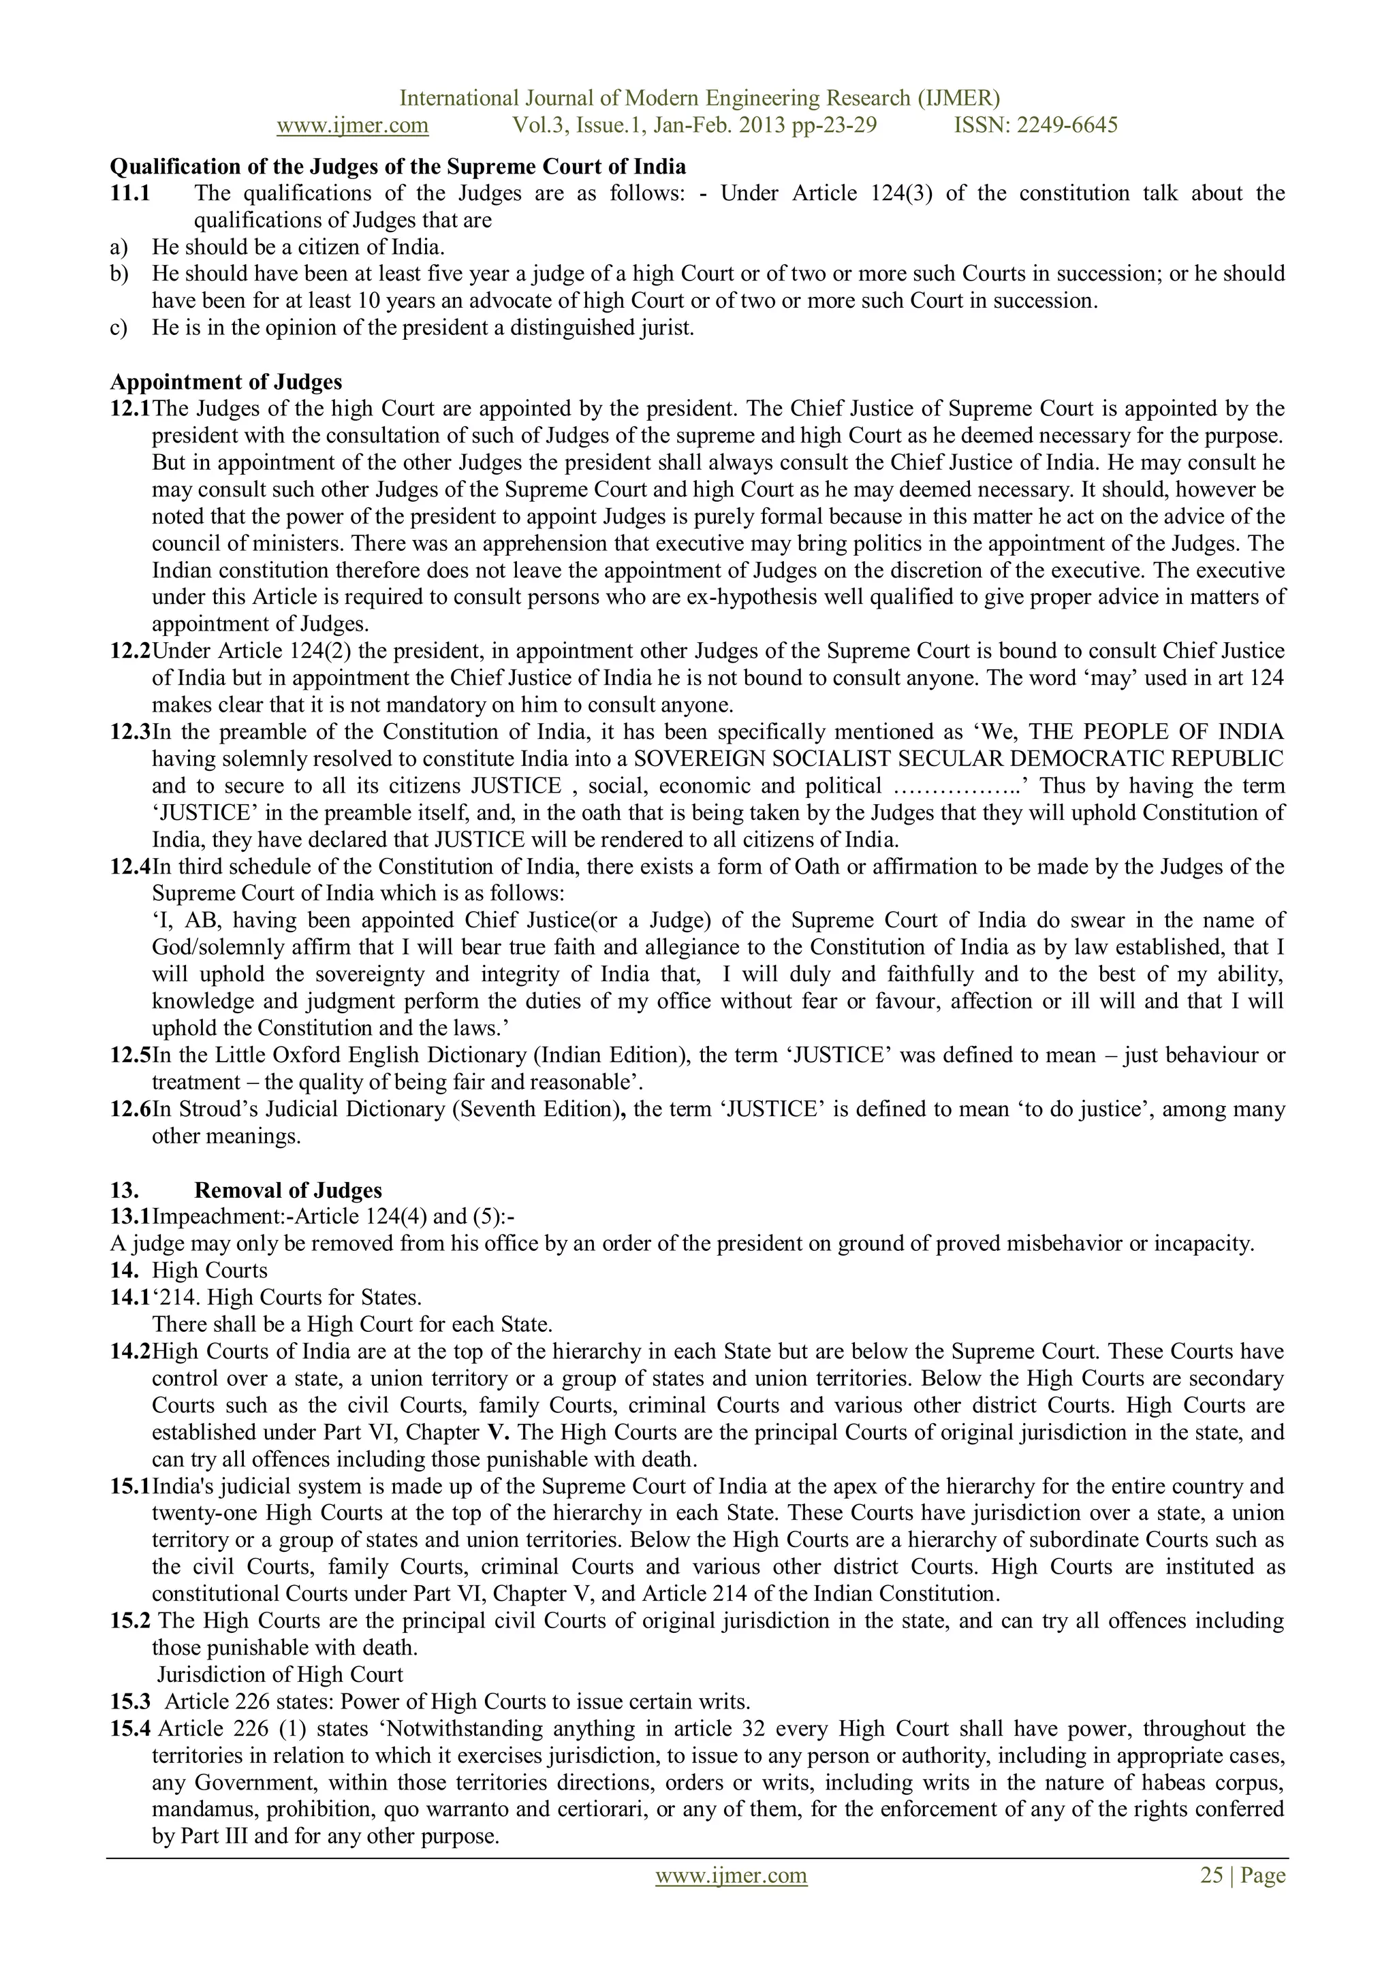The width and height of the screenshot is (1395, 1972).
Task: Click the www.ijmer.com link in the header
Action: pos(352,125)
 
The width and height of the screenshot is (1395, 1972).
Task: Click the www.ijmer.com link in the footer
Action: pos(731,1875)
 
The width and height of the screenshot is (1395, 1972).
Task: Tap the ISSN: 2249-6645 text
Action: pos(1035,125)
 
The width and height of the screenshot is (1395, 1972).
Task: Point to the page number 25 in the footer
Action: pos(1211,1875)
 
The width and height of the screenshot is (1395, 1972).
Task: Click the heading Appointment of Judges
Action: pos(226,381)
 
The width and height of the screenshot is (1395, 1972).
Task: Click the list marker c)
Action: pos(119,328)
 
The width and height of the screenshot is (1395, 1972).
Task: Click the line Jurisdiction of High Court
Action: pos(280,1675)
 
